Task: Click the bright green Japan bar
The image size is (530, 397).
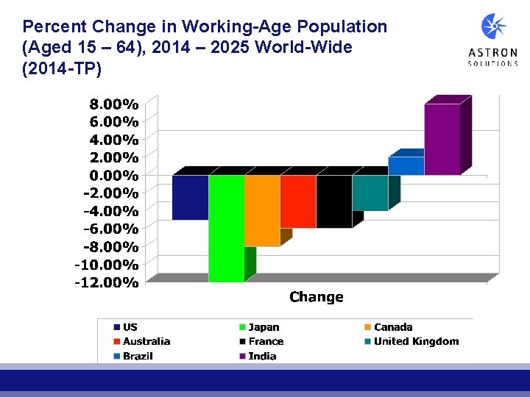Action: (x=226, y=228)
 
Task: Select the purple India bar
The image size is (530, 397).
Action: (x=442, y=140)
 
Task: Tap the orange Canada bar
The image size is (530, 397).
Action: (x=262, y=210)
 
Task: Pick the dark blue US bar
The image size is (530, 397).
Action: (x=190, y=197)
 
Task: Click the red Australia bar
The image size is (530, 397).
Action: (x=298, y=201)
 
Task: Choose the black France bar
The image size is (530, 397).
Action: (x=334, y=201)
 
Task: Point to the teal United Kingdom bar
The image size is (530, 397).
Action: (x=370, y=193)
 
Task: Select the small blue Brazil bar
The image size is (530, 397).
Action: (x=406, y=166)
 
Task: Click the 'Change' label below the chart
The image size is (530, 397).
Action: (x=317, y=297)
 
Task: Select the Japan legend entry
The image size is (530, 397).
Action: (x=264, y=327)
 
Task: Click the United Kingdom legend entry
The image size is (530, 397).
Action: (x=415, y=341)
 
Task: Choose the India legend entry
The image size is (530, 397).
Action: (x=262, y=356)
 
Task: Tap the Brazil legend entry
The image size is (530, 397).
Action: (x=138, y=356)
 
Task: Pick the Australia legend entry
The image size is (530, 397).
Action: (x=146, y=341)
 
